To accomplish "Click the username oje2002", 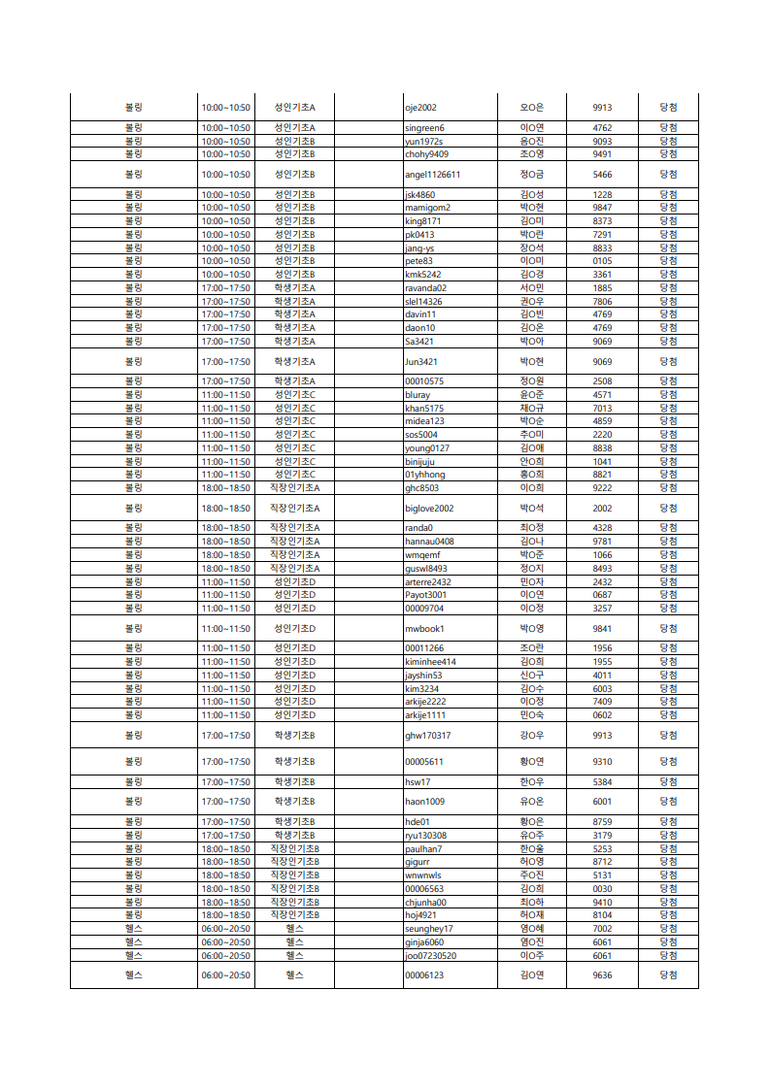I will [420, 108].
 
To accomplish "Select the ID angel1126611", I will [432, 175].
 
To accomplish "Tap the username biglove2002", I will [429, 508].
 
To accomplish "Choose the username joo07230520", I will [430, 955].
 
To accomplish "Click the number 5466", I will [602, 175].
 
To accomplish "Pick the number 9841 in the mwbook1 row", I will [602, 629].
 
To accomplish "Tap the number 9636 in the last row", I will [602, 975].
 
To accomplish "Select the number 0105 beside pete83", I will [602, 261].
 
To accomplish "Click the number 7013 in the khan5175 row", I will [602, 409].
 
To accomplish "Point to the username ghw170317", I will [427, 736].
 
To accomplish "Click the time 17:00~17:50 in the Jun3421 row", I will [225, 362].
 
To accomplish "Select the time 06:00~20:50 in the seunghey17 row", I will [225, 929].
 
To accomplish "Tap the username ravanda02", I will [425, 288].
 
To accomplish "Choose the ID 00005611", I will [424, 762].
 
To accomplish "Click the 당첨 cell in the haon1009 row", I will [668, 802].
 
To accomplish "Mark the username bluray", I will [418, 395].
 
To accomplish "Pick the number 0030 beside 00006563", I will [602, 889].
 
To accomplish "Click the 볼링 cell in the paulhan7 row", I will [133, 849].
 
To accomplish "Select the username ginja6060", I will [424, 942].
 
